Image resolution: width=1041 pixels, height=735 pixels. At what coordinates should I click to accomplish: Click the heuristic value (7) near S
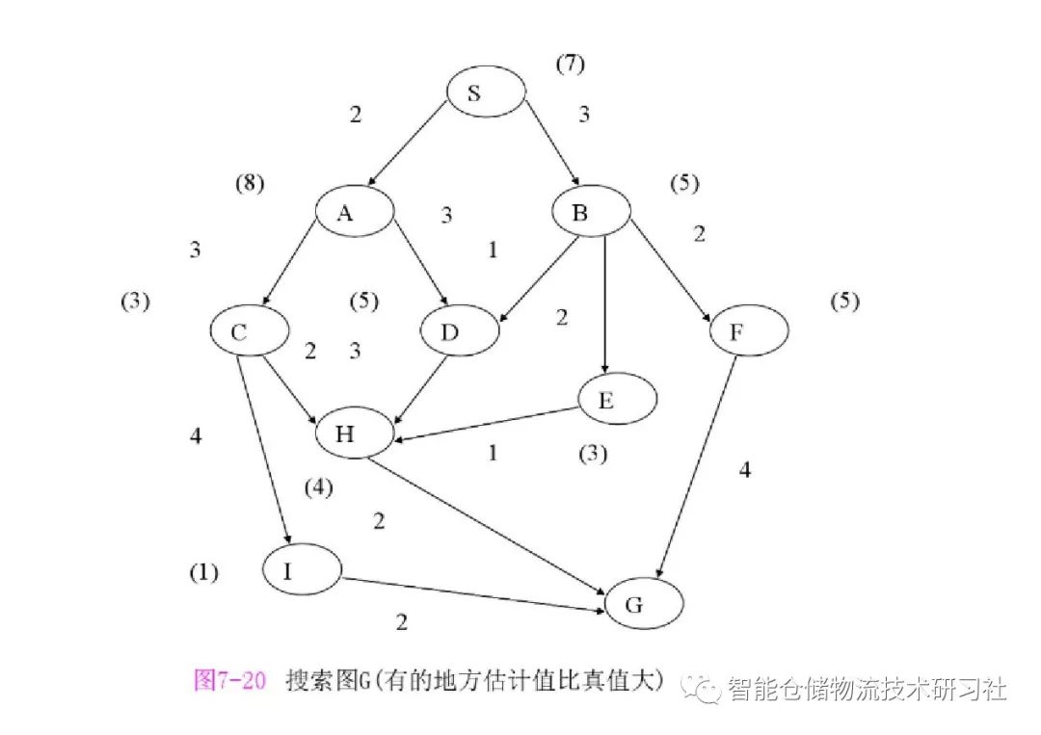(570, 65)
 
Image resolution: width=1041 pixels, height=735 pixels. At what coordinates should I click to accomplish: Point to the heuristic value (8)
(250, 183)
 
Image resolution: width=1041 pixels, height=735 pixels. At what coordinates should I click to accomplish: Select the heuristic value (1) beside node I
(203, 573)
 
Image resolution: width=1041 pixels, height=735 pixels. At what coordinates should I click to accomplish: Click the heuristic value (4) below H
(318, 487)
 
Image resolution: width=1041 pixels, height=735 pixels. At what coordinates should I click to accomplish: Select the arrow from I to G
(472, 593)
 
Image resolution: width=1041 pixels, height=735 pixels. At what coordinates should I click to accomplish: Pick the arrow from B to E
(603, 303)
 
